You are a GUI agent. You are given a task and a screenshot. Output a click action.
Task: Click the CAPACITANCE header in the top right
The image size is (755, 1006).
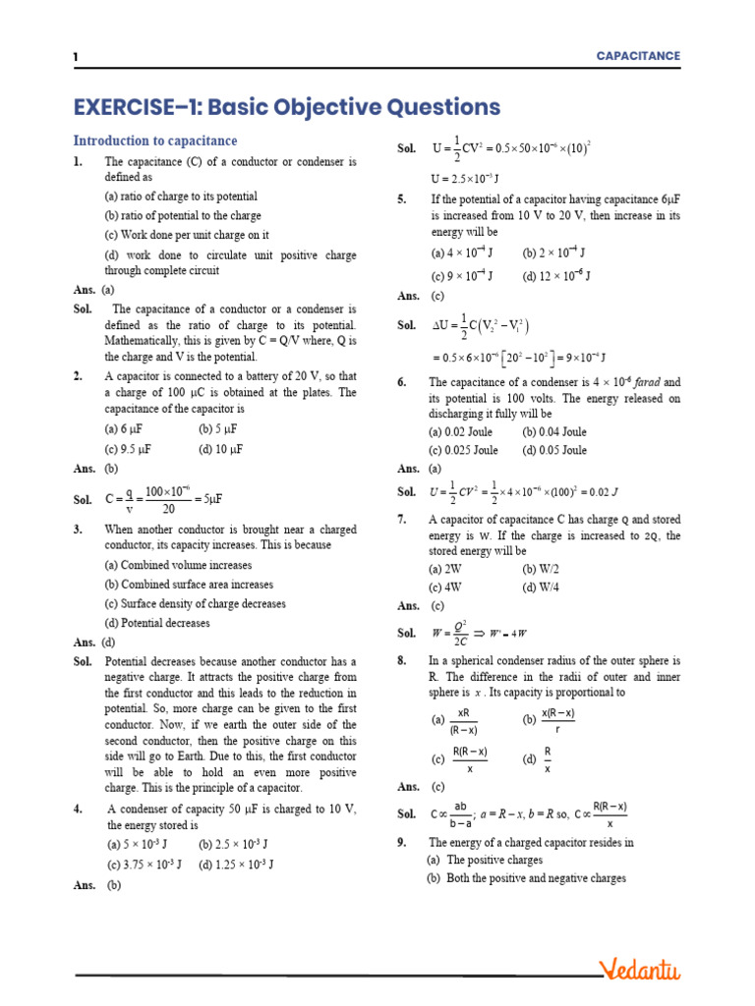point(638,56)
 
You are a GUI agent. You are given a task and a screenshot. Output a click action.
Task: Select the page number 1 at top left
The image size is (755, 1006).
point(76,57)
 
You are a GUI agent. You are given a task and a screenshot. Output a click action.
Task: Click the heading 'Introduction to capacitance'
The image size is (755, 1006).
point(155,140)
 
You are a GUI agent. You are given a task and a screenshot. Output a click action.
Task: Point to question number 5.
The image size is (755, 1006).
point(402,199)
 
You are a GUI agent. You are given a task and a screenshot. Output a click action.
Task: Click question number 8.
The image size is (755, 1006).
point(402,661)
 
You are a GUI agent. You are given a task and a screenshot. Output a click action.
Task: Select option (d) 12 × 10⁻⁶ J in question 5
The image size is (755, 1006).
point(556,276)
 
